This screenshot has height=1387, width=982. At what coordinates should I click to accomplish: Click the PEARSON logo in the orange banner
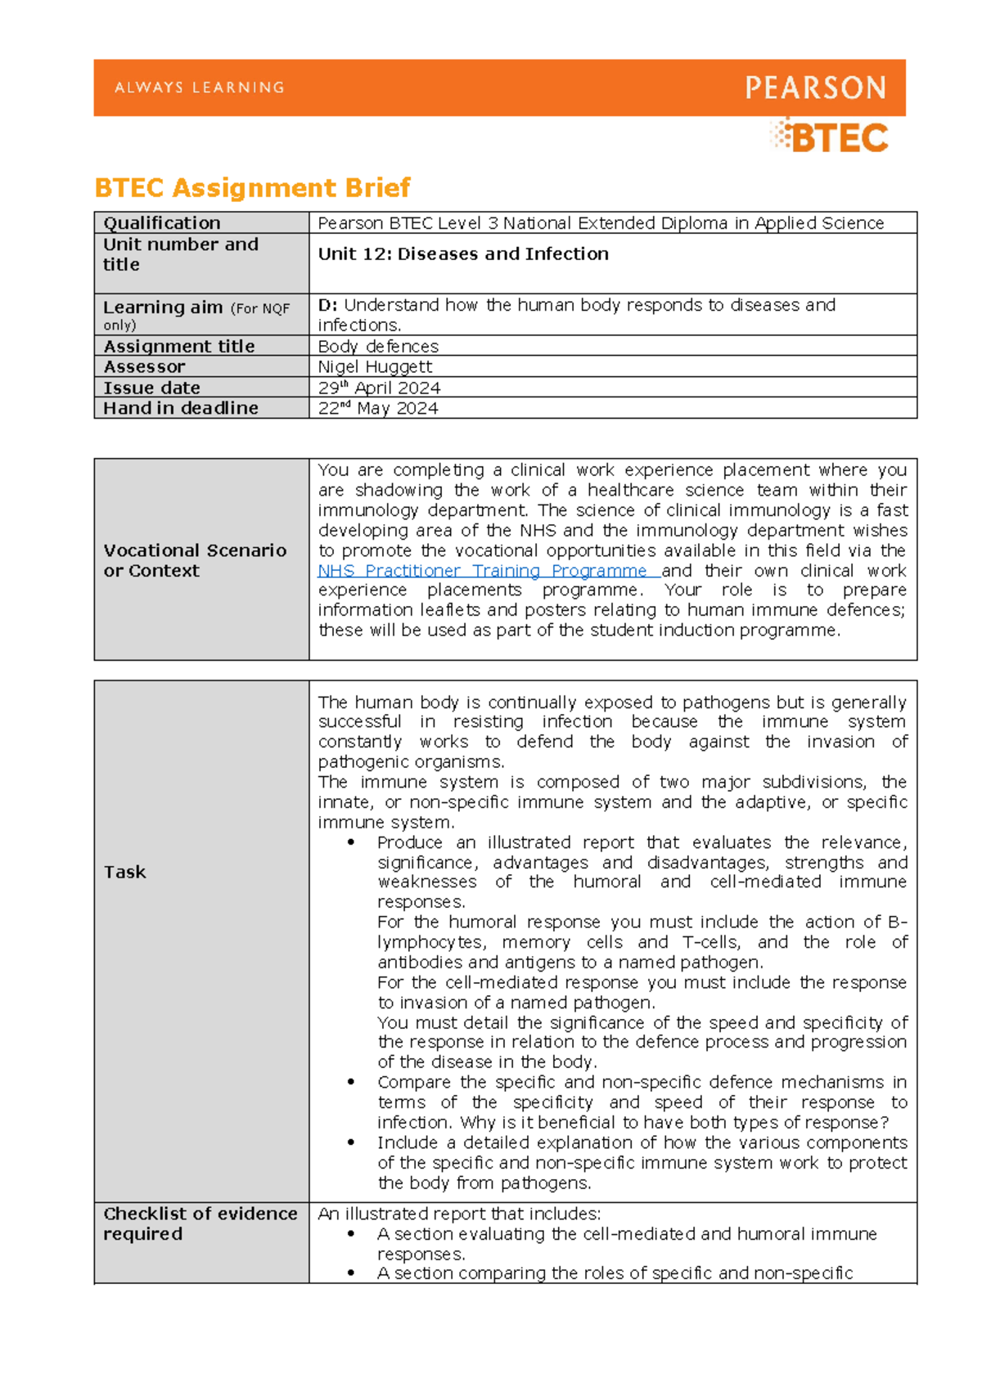coord(815,88)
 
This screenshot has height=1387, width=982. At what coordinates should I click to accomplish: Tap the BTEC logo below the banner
coord(830,137)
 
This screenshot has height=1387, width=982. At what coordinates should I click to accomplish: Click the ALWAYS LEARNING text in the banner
coord(200,88)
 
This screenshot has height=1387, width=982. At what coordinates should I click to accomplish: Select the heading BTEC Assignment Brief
coord(252,188)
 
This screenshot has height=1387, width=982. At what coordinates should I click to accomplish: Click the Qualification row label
coord(162,223)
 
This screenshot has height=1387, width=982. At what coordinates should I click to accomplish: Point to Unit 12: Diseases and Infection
coord(463,254)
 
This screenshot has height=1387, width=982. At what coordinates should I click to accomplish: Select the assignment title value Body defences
coord(378,347)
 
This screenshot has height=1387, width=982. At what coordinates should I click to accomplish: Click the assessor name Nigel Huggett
coord(375,367)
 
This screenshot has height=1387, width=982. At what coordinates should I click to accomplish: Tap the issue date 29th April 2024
coord(379,388)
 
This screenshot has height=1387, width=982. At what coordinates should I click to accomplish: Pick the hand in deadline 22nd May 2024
coord(377,408)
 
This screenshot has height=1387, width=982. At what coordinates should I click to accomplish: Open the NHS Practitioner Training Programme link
coord(483,571)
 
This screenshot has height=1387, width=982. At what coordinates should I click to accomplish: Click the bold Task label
coord(124,873)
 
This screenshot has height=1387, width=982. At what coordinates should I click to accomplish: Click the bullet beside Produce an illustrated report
coord(351,842)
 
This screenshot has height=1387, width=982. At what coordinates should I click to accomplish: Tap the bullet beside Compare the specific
coord(351,1083)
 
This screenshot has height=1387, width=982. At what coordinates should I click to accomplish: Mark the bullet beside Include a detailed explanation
coord(351,1143)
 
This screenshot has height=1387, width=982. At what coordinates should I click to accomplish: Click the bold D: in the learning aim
coord(327,305)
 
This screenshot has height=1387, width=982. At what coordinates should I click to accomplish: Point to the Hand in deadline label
coord(181,408)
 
